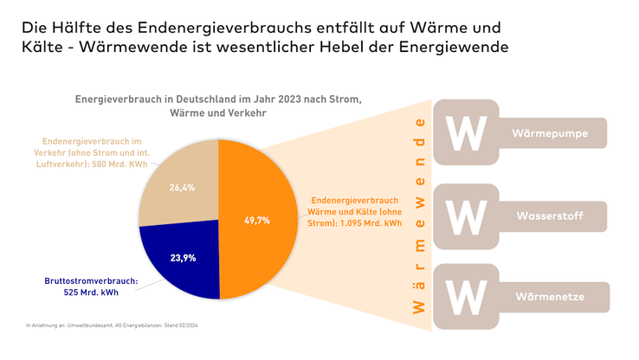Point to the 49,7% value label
(x=256, y=220)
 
